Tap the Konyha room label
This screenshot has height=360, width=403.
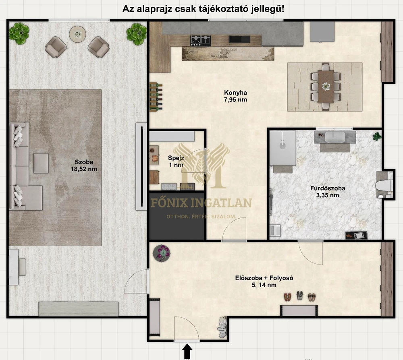[235, 93]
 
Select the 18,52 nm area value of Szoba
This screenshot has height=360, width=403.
[84, 169]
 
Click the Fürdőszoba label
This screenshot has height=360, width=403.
[328, 188]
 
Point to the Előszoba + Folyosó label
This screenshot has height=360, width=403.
[264, 278]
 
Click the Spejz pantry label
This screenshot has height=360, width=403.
[176, 158]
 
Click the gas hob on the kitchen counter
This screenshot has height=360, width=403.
[200, 41]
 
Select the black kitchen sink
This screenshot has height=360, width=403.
[239, 39]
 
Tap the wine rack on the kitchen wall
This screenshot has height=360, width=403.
[156, 97]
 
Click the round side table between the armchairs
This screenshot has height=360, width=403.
[77, 34]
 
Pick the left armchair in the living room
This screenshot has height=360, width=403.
[56, 47]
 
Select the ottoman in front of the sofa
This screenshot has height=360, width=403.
[41, 163]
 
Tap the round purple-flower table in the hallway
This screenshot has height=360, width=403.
[162, 253]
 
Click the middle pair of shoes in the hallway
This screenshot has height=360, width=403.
[299, 296]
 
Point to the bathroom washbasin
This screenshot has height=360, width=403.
[334, 137]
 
